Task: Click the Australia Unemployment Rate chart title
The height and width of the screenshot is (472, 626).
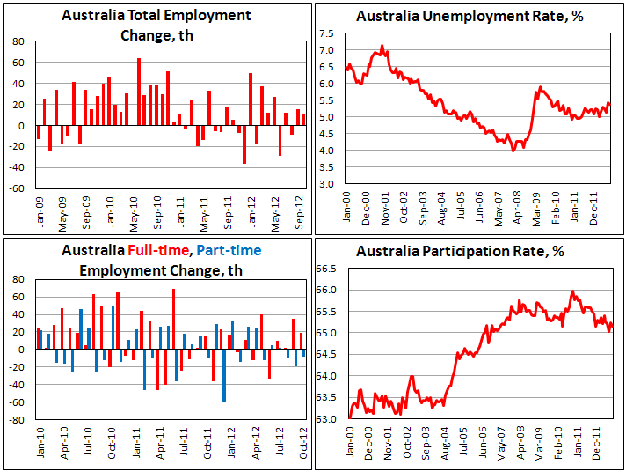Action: click(468, 17)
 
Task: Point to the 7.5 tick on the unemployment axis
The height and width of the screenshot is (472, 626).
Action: click(326, 33)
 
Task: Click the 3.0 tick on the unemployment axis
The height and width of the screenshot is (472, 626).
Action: click(326, 184)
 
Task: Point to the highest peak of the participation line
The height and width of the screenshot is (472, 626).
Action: click(572, 291)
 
